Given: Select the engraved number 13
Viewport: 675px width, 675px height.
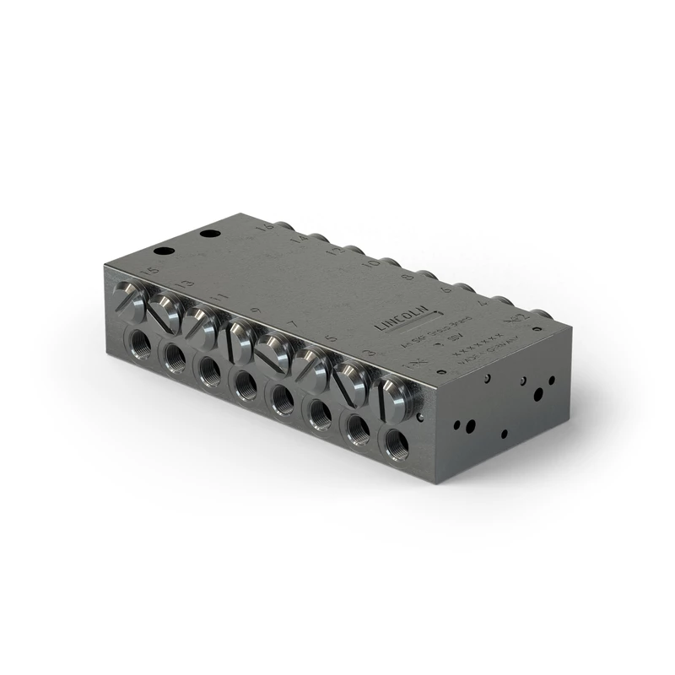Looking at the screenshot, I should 184,284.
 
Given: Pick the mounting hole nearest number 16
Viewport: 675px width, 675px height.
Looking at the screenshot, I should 208,233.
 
